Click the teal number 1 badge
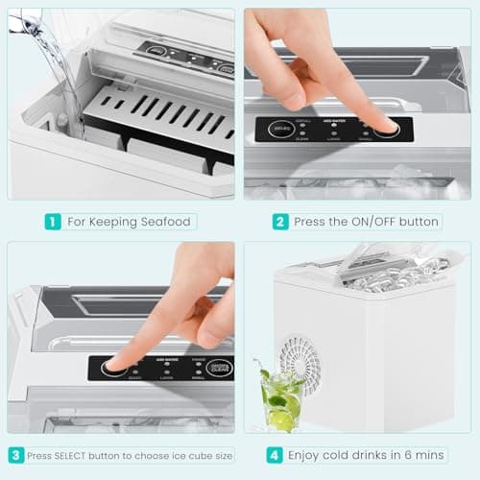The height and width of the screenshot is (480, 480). [x=53, y=221]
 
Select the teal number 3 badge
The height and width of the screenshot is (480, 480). [x=16, y=455]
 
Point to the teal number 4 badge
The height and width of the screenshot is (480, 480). [x=273, y=455]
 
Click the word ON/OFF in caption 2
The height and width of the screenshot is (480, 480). [x=359, y=222]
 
